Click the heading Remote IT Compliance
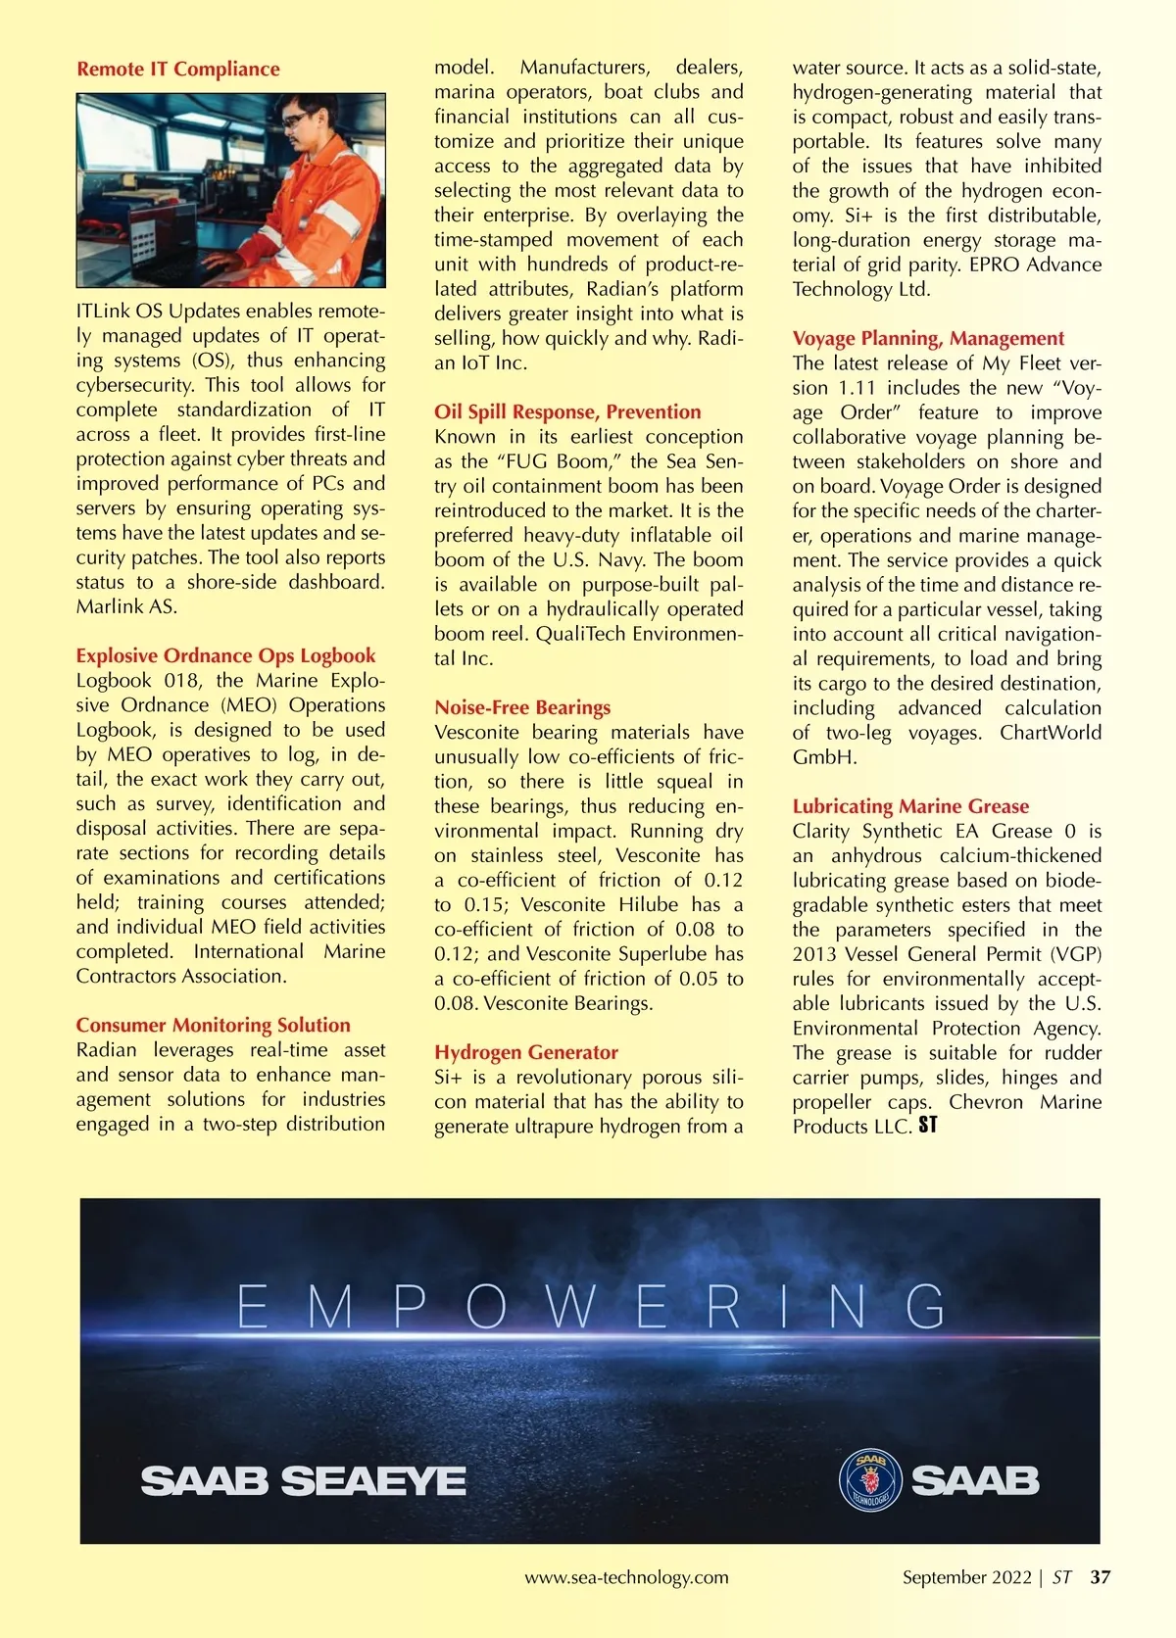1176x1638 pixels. [x=177, y=70]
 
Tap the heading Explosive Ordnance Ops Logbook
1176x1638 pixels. [x=225, y=656]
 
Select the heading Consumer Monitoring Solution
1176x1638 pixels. [x=213, y=1026]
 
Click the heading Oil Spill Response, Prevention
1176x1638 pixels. [x=567, y=412]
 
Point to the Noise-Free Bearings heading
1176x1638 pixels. [x=522, y=708]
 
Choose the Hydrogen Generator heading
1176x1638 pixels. [x=526, y=1053]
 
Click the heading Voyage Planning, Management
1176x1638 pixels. [x=928, y=339]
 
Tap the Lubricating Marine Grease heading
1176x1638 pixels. [x=910, y=807]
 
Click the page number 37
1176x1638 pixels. [x=1101, y=1577]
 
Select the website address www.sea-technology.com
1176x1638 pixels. [x=626, y=1577]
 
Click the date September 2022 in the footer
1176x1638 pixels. [x=966, y=1577]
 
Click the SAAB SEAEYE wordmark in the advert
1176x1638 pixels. [x=303, y=1480]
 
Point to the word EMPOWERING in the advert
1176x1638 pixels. [x=591, y=1307]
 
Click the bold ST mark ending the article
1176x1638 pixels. [x=928, y=1127]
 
